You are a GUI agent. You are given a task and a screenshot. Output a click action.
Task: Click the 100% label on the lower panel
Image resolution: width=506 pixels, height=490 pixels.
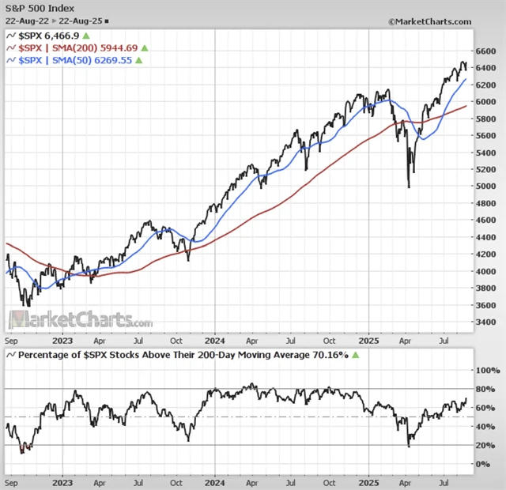coord(484,370)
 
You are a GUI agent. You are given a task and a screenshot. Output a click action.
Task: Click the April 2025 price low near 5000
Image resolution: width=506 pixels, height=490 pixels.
coord(409,187)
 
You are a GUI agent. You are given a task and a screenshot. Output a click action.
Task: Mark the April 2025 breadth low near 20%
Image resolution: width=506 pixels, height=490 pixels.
coord(409,447)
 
